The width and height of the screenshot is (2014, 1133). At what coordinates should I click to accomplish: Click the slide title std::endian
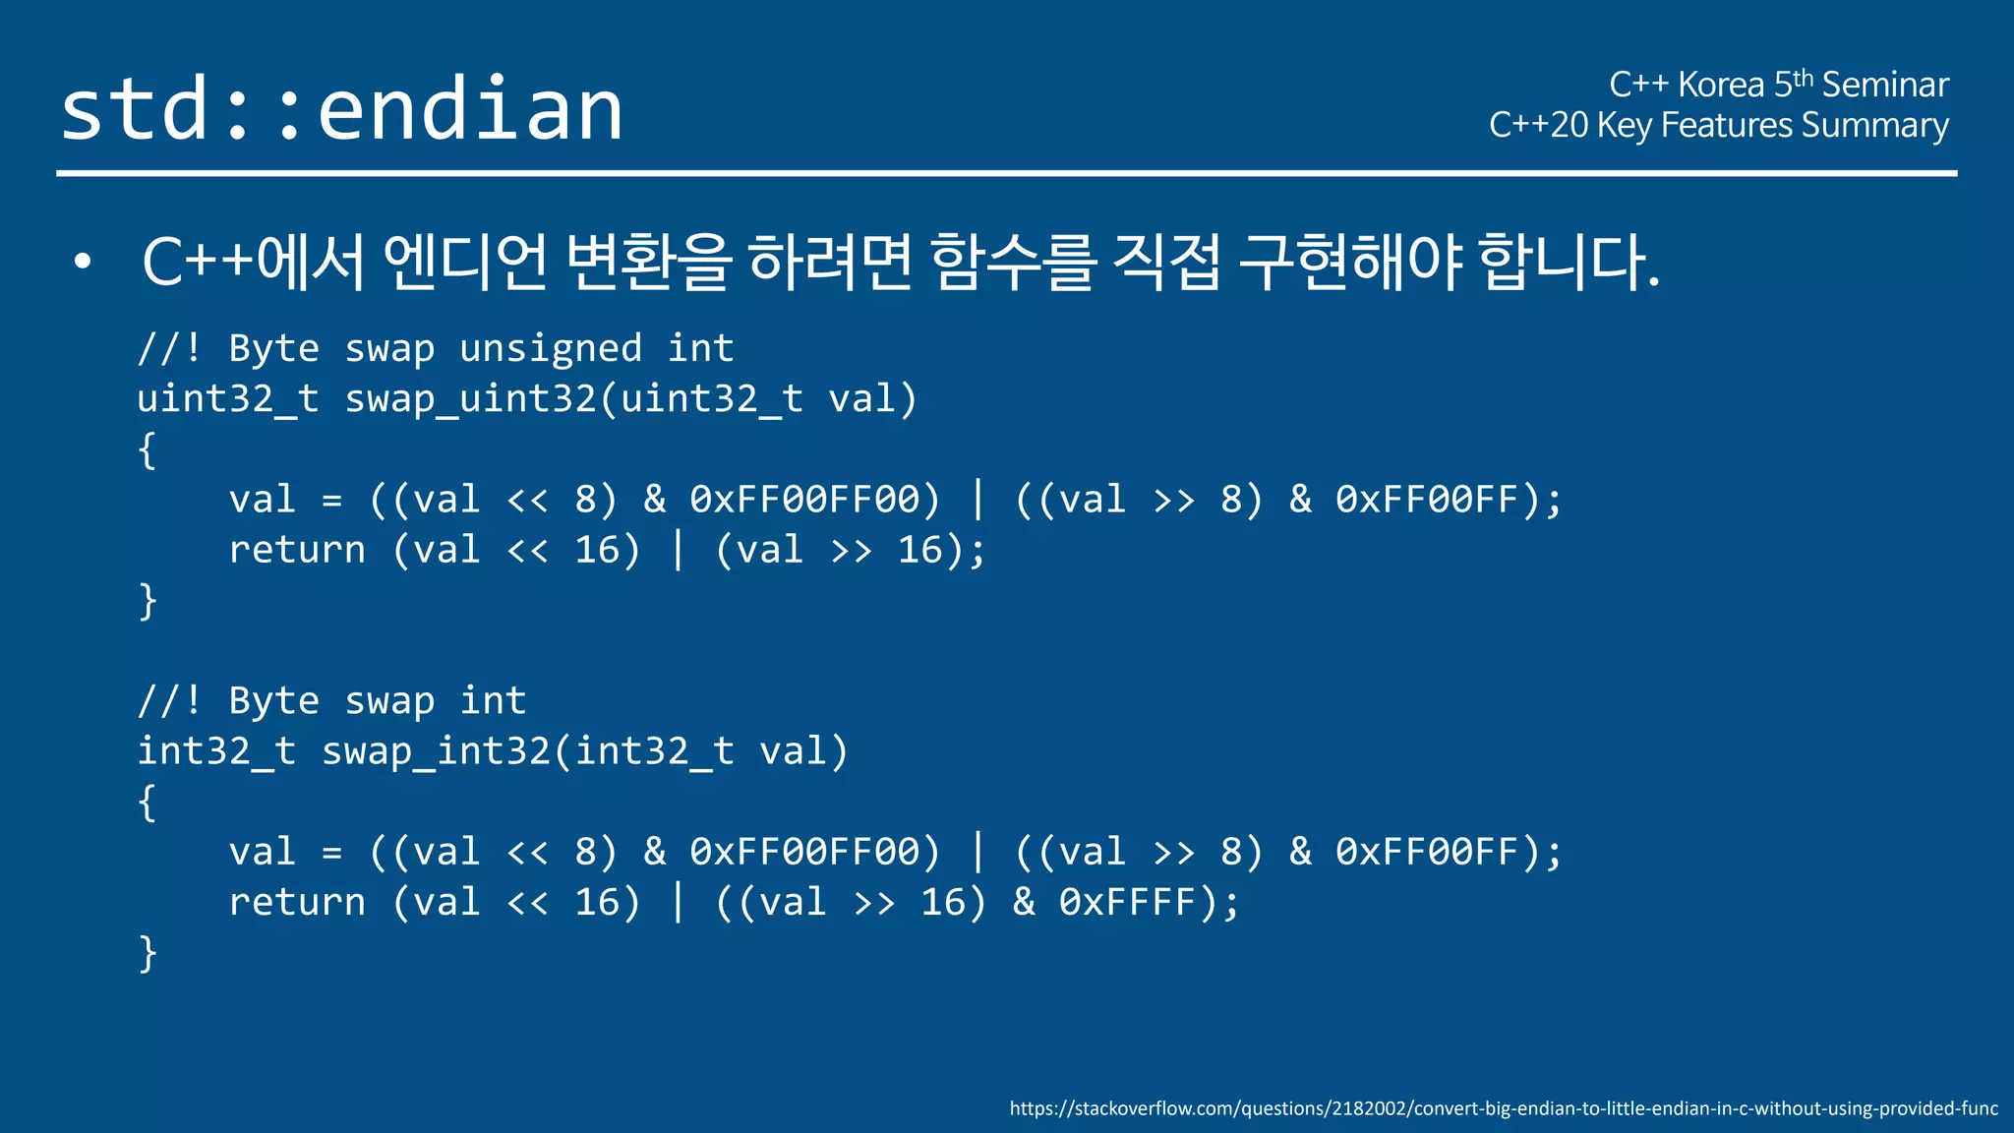(341, 109)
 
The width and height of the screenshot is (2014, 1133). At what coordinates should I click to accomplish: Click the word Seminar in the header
(1884, 86)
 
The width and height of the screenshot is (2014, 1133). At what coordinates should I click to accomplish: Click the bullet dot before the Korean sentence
(83, 262)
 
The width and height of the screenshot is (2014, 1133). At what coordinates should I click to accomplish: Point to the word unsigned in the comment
(550, 349)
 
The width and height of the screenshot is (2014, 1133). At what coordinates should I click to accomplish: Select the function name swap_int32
(436, 751)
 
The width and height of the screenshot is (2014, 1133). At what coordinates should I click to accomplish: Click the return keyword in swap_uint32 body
(297, 550)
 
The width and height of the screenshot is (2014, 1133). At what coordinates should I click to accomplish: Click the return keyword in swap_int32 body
(297, 902)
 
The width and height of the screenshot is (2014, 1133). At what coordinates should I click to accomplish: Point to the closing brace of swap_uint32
(148, 601)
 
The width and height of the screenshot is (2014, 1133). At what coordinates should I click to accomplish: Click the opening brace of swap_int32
(148, 803)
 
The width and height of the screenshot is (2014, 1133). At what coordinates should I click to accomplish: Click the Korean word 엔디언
(464, 262)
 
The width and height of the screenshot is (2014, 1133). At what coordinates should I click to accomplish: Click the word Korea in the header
(1721, 86)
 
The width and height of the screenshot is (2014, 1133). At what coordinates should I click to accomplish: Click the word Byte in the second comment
(273, 701)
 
